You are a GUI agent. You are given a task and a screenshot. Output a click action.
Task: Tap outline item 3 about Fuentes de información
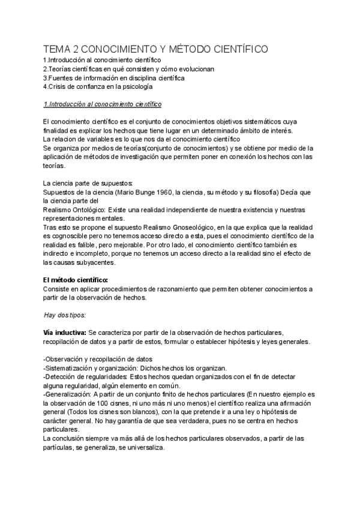click(x=114, y=78)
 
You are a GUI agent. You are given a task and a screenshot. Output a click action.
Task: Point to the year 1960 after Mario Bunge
click(x=157, y=192)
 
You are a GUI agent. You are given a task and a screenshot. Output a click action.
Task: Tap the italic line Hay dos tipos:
click(x=65, y=315)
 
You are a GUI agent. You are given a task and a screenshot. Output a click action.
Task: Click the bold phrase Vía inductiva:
click(x=65, y=333)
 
